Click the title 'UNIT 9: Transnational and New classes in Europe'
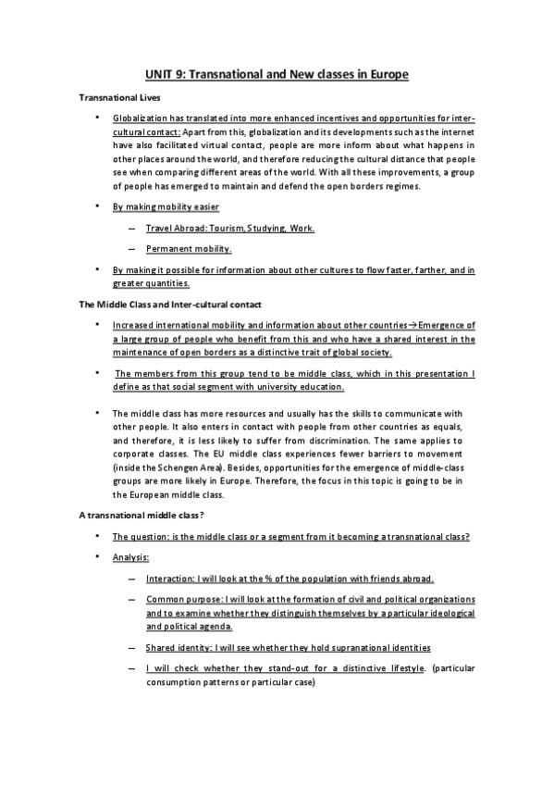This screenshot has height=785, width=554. (x=277, y=73)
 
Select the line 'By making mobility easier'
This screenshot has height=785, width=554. (x=166, y=206)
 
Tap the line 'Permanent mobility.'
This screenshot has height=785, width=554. (x=189, y=248)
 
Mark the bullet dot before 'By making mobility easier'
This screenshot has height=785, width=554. (x=98, y=206)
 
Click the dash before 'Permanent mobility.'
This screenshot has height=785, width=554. (x=135, y=249)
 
